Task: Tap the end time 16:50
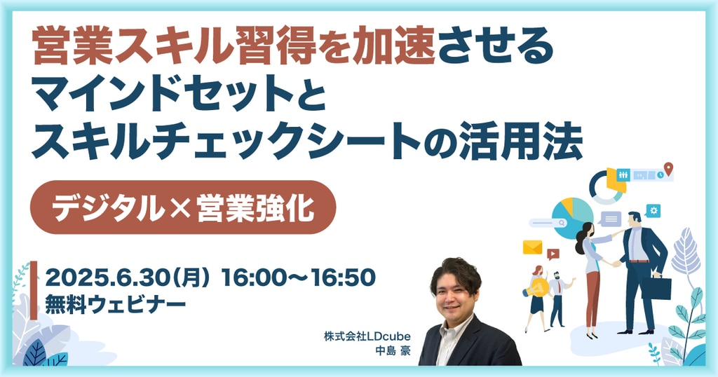(x=344, y=277)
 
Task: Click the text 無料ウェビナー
(x=116, y=305)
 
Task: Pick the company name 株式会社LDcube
(x=367, y=336)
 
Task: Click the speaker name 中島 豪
(x=393, y=351)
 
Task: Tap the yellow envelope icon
(x=533, y=247)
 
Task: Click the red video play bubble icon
(x=553, y=254)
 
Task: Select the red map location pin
(x=668, y=168)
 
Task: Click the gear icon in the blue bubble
(x=653, y=210)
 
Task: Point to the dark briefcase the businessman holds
(x=656, y=287)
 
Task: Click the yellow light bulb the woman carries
(x=537, y=287)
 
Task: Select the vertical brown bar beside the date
(x=34, y=291)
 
